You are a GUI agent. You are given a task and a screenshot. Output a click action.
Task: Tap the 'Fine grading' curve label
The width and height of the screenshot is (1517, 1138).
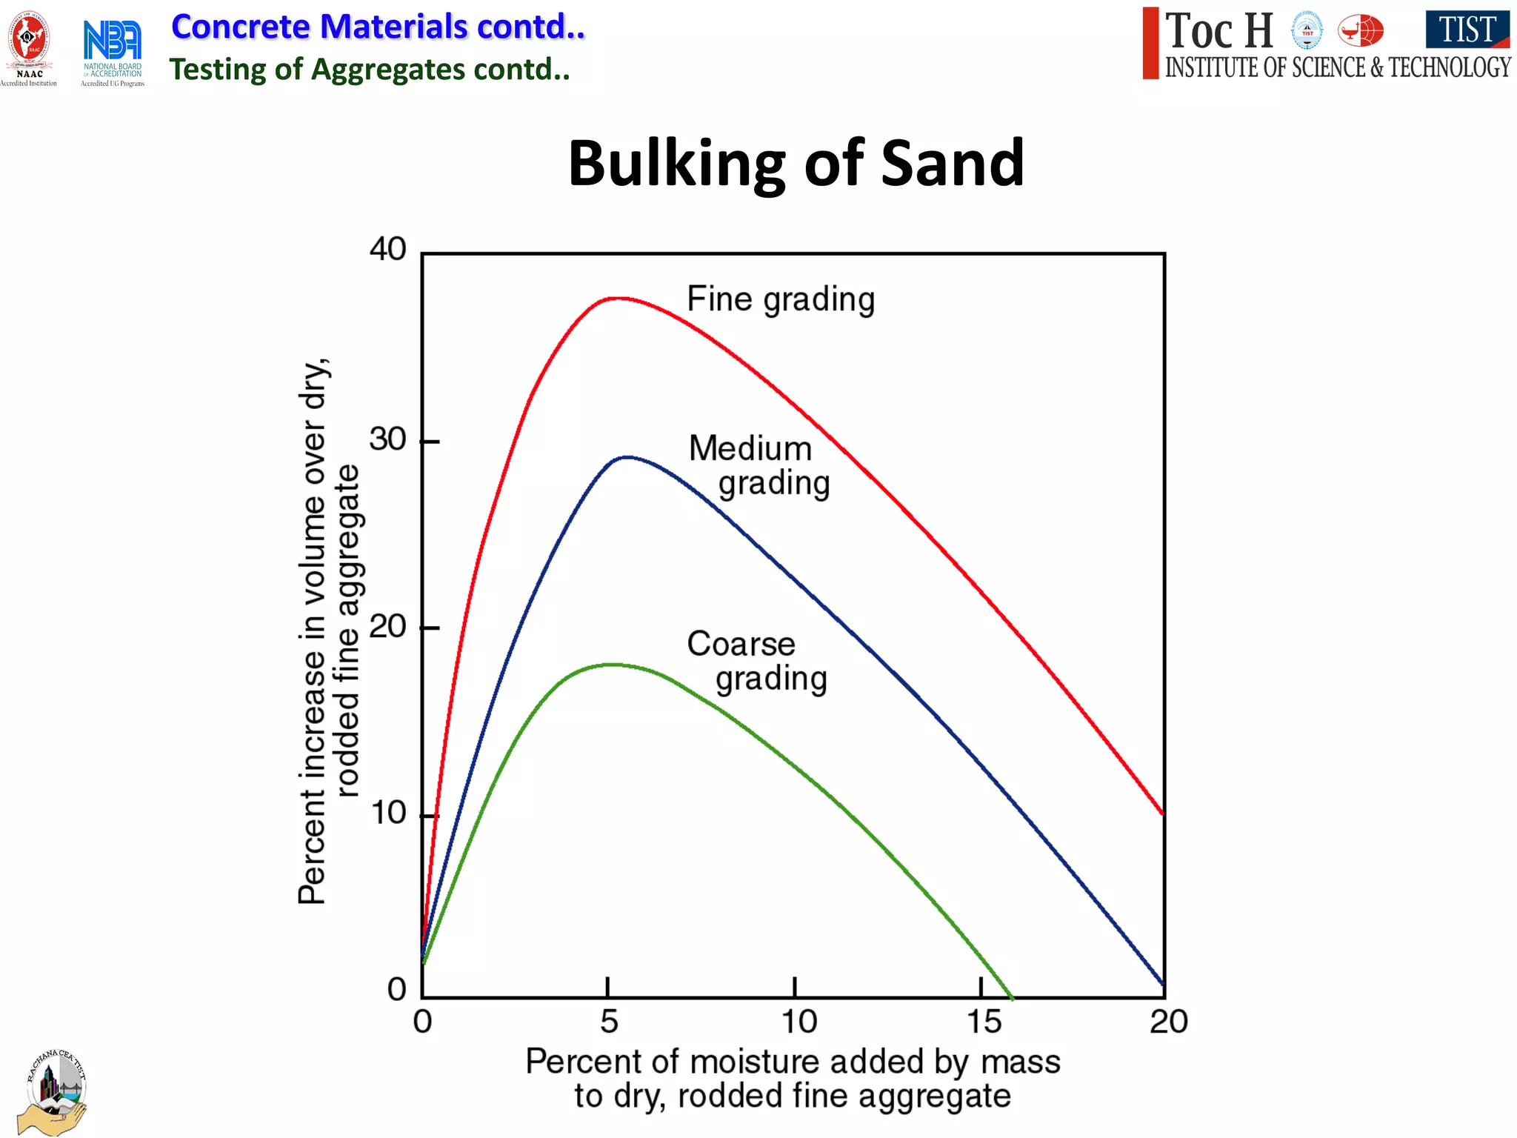781,300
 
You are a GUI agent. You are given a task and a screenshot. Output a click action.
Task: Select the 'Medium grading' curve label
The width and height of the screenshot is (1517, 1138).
758,466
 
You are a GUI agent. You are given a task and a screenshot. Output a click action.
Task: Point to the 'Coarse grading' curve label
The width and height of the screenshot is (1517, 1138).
756,661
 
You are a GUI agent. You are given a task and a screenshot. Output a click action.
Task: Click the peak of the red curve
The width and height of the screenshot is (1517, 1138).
617,299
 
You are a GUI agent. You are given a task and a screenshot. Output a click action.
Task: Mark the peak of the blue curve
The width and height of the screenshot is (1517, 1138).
627,457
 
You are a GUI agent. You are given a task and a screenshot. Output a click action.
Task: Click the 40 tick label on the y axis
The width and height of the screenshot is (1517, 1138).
388,250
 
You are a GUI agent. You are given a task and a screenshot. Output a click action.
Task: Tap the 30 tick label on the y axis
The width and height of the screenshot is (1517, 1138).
388,439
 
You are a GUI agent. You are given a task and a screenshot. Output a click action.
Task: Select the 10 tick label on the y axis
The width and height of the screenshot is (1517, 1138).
388,813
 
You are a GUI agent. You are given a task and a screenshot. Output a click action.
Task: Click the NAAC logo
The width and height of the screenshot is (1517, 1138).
29,47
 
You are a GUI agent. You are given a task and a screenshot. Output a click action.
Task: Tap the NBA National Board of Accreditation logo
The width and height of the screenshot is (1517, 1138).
113,50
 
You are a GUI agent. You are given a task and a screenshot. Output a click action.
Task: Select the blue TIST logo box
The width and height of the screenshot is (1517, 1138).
1467,30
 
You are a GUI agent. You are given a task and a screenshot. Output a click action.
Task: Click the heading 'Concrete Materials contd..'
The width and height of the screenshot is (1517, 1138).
378,27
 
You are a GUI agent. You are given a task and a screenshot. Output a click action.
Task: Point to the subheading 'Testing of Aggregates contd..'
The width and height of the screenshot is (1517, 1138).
370,70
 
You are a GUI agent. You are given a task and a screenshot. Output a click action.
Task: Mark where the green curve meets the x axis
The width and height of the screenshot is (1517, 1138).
1011,997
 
